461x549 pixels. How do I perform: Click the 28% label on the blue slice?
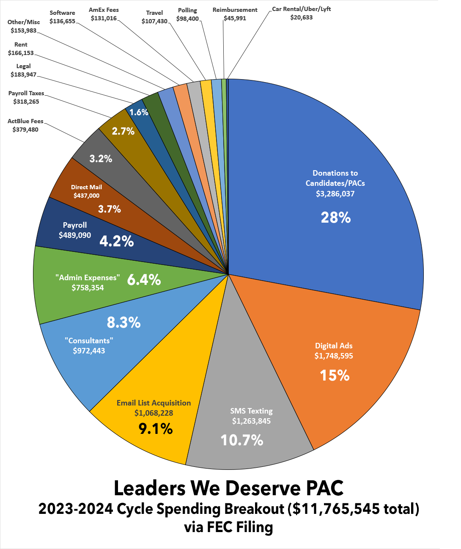pyautogui.click(x=336, y=218)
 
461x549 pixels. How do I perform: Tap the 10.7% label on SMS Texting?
pyautogui.click(x=242, y=440)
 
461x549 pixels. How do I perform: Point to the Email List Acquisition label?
pyautogui.click(x=154, y=403)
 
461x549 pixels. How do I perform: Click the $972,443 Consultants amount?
pyautogui.click(x=89, y=350)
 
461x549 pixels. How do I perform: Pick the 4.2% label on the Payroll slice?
pyautogui.click(x=117, y=241)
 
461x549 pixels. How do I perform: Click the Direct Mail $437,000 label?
pyautogui.click(x=86, y=191)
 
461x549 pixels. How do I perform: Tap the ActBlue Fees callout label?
pyautogui.click(x=25, y=125)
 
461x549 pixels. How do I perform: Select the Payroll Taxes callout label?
pyautogui.click(x=26, y=97)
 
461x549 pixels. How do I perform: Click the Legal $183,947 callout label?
pyautogui.click(x=24, y=70)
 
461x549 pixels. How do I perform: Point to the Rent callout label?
pyautogui.click(x=21, y=49)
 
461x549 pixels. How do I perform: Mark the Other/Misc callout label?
pyautogui.click(x=24, y=26)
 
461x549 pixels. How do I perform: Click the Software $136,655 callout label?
pyautogui.click(x=62, y=17)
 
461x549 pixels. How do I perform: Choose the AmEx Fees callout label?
pyautogui.click(x=104, y=14)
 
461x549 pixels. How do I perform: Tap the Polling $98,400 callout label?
pyautogui.click(x=187, y=14)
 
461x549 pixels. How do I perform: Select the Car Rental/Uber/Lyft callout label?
pyautogui.click(x=301, y=13)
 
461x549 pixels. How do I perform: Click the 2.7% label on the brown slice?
pyautogui.click(x=123, y=131)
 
